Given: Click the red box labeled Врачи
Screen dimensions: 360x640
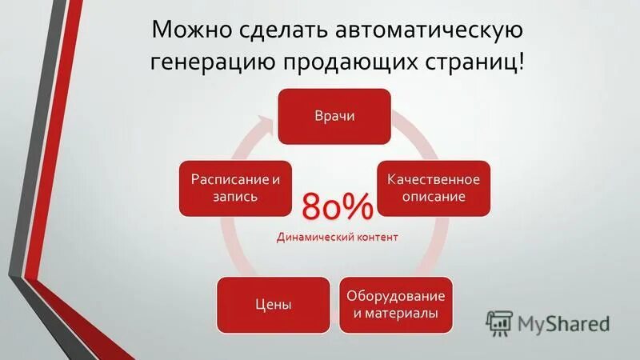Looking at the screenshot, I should pos(334,116).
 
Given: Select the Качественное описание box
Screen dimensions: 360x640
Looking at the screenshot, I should pos(434,188).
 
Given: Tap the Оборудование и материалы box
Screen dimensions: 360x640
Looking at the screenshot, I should pos(396,305).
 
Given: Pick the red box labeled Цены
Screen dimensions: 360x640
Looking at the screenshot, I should pos(274,305).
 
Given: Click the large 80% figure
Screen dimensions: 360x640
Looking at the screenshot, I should pos(338,208).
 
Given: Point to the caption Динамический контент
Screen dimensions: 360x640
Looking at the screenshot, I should pos(337,238).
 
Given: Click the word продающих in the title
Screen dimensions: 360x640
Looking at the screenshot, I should pos(368,63).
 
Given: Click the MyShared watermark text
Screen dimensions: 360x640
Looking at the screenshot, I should pos(563,323).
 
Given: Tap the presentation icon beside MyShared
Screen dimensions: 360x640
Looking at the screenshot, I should pos(499,322).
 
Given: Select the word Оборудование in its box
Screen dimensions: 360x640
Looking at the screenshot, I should pos(396,296).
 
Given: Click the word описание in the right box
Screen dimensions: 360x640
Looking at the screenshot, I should pos(434,197).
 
